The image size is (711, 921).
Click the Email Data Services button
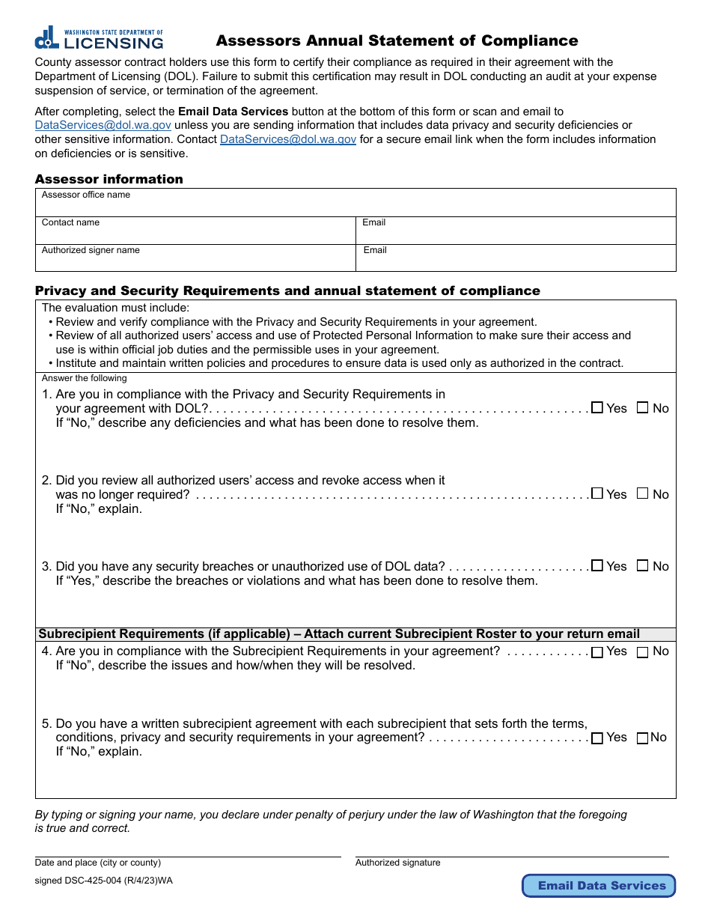coord(599,886)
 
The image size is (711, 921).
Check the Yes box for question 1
coord(597,408)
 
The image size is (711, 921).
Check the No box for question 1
coord(642,408)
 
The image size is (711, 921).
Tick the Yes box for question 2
coord(597,493)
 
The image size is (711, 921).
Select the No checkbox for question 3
coord(642,566)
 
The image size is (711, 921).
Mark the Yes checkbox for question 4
coord(597,652)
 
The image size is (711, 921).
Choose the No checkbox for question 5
coord(642,738)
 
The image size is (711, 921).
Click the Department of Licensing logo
coord(99,37)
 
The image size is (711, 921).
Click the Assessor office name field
coord(355,206)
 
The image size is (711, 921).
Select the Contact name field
coord(195,234)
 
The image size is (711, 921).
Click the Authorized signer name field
coord(195,261)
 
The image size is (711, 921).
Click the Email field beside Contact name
coord(516,234)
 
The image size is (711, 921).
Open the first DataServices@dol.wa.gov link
coord(103,125)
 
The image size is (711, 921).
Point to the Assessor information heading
coord(109,179)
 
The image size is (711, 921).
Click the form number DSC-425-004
coord(103,881)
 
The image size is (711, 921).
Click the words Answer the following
coord(85,378)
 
